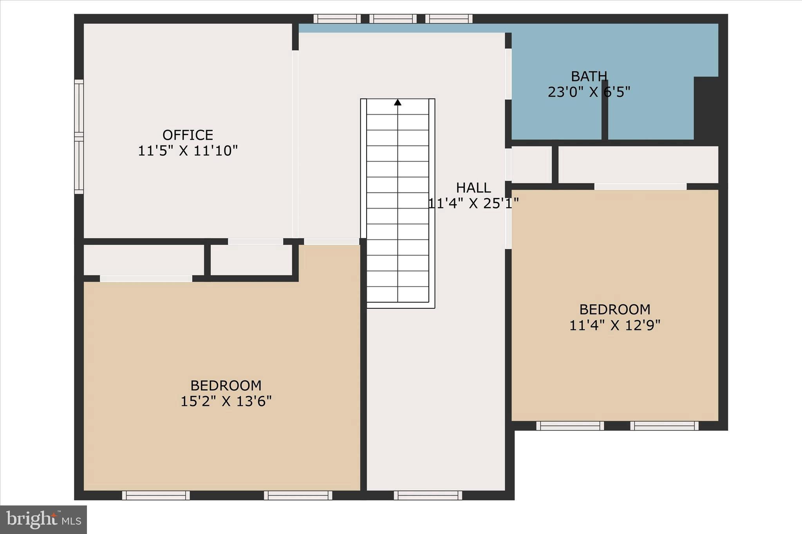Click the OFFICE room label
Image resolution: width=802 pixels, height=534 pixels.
pos(188,135)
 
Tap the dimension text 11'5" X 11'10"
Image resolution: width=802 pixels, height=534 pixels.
pos(188,151)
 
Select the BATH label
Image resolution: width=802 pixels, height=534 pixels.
pos(589,76)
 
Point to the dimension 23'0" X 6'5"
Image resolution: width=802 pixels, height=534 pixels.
pos(589,92)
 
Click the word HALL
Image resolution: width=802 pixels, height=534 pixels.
pos(473,188)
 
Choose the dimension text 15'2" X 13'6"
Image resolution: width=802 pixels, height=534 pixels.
pos(226,401)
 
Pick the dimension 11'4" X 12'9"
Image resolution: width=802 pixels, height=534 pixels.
pos(615,325)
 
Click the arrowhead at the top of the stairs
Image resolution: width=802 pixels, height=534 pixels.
pos(397,102)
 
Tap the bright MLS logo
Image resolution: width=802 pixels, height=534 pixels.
pos(43,520)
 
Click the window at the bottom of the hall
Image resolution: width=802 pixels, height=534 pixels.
pos(428,495)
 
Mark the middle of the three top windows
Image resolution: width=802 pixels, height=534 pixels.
pos(393,19)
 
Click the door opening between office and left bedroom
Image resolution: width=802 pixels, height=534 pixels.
pos(255,241)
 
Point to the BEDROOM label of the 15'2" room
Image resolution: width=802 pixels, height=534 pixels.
pos(226,386)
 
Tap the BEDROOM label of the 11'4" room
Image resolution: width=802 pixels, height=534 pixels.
pos(615,309)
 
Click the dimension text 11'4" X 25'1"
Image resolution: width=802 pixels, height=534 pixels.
pos(473,203)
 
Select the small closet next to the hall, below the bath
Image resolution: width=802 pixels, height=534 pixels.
pos(531,164)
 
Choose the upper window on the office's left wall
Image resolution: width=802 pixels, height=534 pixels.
pos(79,106)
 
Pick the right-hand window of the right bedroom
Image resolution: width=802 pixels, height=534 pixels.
pos(664,426)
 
